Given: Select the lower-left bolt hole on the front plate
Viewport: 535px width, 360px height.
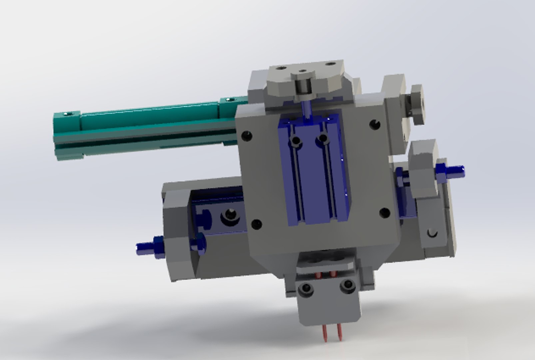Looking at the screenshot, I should click(x=256, y=224).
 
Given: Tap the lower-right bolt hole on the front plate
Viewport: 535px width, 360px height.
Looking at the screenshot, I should click(x=385, y=212).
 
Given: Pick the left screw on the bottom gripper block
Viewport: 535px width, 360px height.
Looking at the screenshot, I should click(x=305, y=289).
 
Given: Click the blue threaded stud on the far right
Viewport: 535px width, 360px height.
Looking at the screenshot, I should click(x=455, y=172).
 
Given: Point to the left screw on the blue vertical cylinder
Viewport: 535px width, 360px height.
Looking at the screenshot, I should click(x=295, y=140).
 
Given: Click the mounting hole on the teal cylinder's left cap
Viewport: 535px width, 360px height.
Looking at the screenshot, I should click(x=69, y=114).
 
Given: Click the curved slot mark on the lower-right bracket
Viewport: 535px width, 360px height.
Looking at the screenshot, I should click(x=432, y=233).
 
